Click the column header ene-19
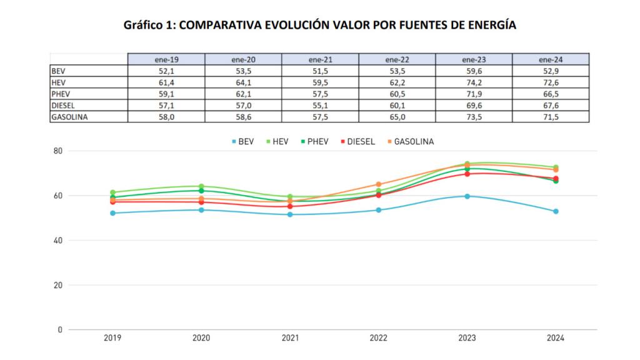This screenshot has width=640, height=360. [x=166, y=59]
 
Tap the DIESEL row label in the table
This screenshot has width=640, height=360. [x=63, y=104]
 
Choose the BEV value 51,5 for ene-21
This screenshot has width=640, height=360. [x=319, y=71]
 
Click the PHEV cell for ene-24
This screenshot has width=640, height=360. [x=550, y=93]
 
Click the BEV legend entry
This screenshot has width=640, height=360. [x=244, y=142]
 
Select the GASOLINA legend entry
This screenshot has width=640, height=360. [x=409, y=142]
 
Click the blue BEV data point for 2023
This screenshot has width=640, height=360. [x=467, y=196]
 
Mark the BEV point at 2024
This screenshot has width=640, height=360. [x=555, y=211]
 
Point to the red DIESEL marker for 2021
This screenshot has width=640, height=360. [x=290, y=206]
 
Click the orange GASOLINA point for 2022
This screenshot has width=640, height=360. [x=378, y=184]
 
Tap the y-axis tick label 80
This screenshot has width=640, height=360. [x=58, y=151]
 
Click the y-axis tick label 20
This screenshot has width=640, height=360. [x=58, y=285]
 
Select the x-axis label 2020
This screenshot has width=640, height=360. [x=201, y=339]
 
